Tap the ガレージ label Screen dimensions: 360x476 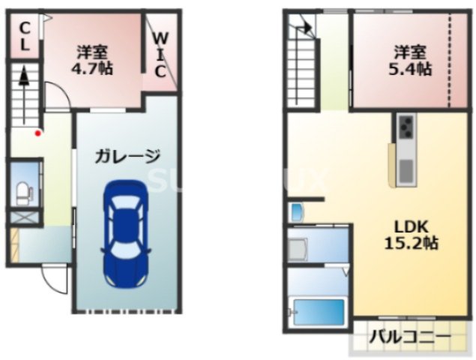127,157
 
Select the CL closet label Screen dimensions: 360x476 24,37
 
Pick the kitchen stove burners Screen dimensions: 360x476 406,127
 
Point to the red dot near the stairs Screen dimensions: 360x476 38,133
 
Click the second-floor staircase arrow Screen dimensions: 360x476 305,28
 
